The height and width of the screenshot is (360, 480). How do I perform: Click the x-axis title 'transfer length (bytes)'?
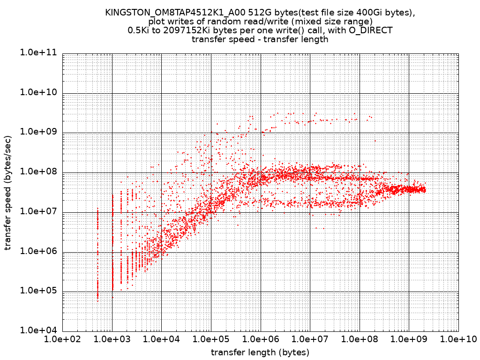click(x=260, y=352)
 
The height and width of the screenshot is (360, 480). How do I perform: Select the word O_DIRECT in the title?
click(x=371, y=30)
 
